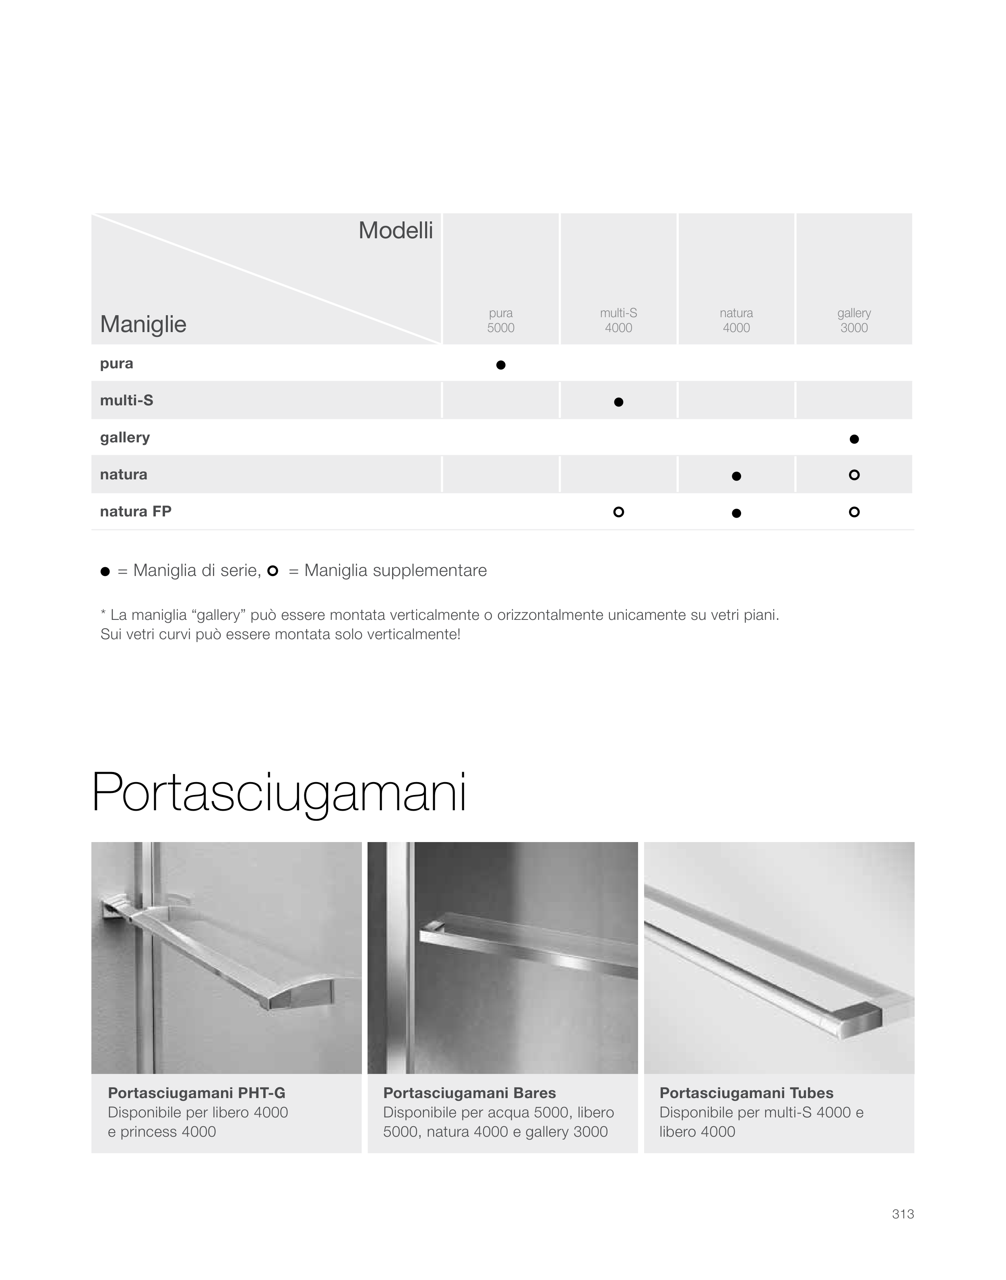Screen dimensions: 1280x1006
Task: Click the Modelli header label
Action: coord(395,231)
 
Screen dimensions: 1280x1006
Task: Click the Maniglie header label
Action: coord(143,324)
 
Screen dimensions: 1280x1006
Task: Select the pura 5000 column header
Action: coord(501,320)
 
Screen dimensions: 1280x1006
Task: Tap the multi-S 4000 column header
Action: coord(618,320)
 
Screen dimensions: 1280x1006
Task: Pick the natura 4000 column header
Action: coord(736,320)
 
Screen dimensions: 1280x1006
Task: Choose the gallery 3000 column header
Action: coord(854,320)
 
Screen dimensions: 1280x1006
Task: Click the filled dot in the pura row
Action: coord(501,365)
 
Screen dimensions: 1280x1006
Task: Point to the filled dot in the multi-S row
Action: coord(618,402)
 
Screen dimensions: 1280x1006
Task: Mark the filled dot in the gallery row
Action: coord(854,439)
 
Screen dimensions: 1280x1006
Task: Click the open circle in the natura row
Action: coord(854,475)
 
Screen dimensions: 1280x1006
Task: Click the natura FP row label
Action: coord(136,512)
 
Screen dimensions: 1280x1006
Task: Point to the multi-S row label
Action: coord(127,401)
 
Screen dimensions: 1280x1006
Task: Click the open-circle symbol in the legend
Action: coord(273,570)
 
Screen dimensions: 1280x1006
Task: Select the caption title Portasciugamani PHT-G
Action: coord(197,1093)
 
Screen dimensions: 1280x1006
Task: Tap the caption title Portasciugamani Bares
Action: coord(469,1093)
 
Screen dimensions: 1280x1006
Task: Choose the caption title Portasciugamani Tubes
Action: coord(746,1093)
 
